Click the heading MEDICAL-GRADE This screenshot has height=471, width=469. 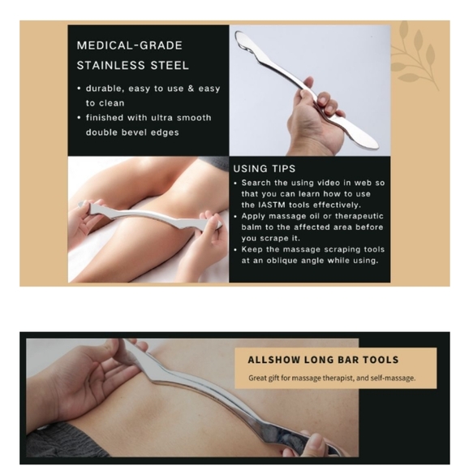coord(129,45)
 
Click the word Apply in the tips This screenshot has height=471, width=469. coord(255,216)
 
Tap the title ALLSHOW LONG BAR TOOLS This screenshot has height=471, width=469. coord(323,359)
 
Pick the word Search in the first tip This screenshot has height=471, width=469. coord(258,183)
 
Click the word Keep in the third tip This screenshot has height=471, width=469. coord(252,250)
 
